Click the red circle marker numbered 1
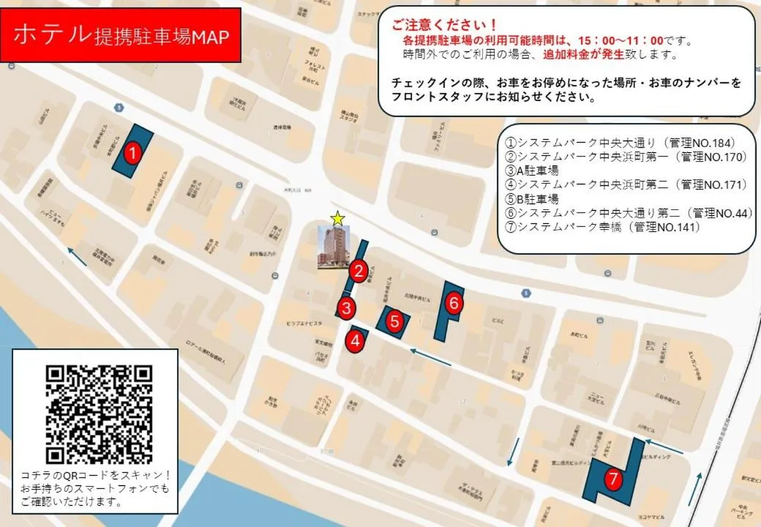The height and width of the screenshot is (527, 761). [x=132, y=153]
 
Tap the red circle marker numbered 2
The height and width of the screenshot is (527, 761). [x=358, y=272]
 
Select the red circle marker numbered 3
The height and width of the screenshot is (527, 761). [x=347, y=308]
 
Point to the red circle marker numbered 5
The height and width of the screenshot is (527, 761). [x=394, y=321]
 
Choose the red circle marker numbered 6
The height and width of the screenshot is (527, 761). [x=454, y=303]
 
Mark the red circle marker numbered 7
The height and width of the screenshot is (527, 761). [x=613, y=479]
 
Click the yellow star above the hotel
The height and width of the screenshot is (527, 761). [x=337, y=218]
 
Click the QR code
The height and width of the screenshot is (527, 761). [x=100, y=414]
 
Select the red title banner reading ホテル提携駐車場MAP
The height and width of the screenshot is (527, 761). [x=121, y=35]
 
